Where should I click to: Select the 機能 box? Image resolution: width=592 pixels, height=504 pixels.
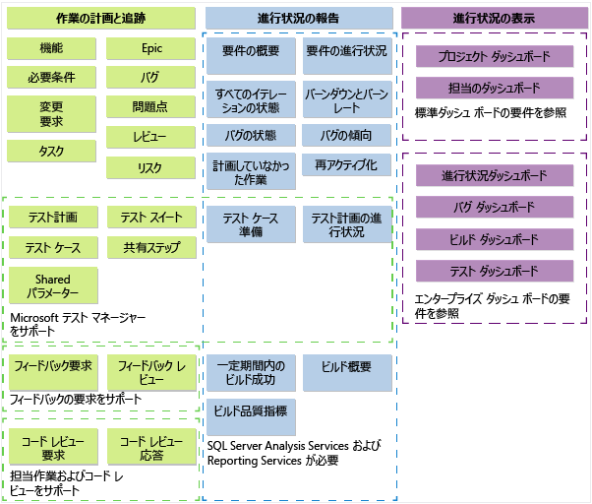point(52,47)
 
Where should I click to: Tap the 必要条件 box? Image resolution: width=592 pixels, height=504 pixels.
point(52,78)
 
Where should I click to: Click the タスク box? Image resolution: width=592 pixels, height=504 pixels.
point(52,151)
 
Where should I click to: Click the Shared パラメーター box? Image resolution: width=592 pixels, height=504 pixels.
point(52,285)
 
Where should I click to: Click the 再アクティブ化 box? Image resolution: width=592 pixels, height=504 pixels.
point(345,163)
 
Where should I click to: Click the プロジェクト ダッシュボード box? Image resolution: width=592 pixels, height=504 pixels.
point(495,56)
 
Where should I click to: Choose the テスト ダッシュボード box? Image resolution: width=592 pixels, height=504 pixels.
point(495,272)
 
